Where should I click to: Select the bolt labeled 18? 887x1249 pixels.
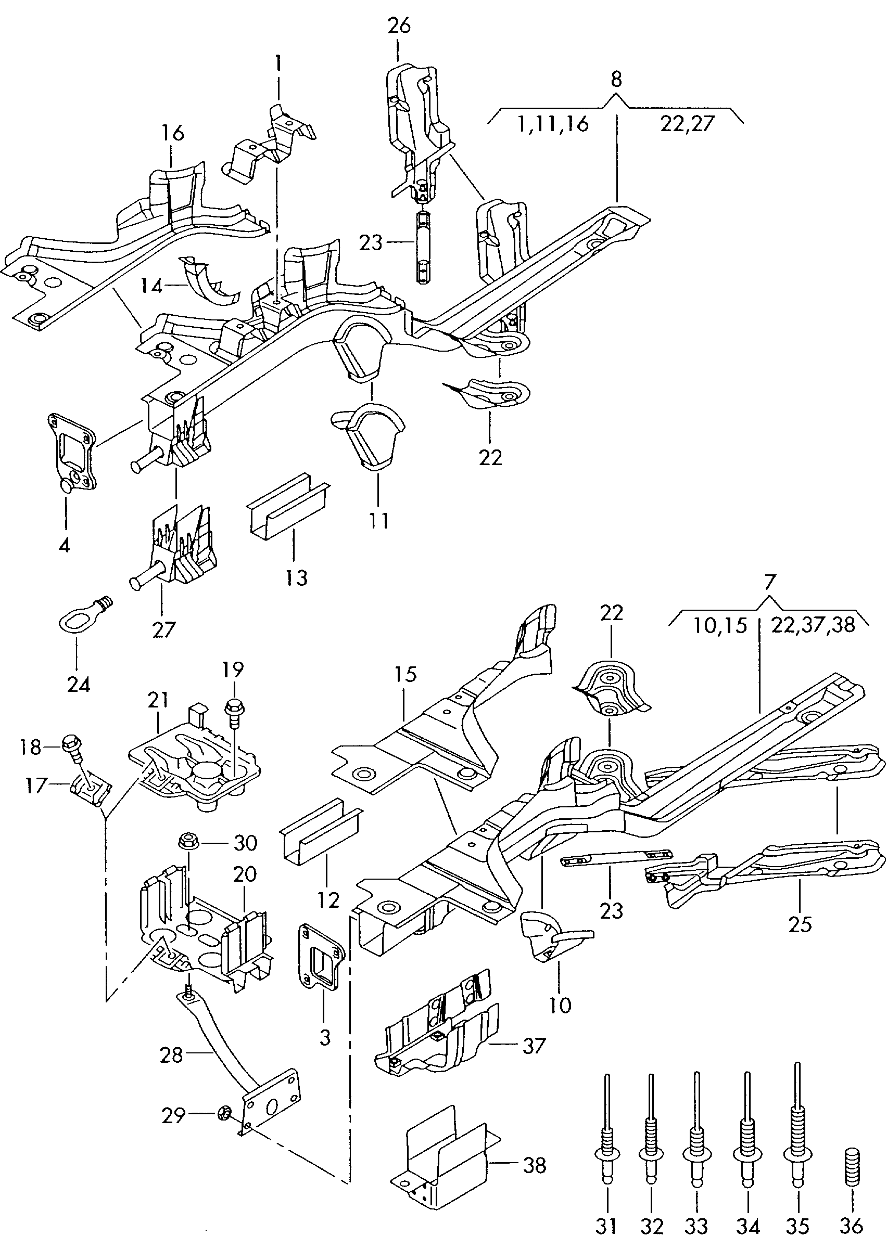pos(75,746)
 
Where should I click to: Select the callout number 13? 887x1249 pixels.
pos(296,577)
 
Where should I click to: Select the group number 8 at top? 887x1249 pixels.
pos(616,79)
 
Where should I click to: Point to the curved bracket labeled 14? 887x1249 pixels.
pos(210,281)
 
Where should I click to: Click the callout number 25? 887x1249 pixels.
pos(800,924)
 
